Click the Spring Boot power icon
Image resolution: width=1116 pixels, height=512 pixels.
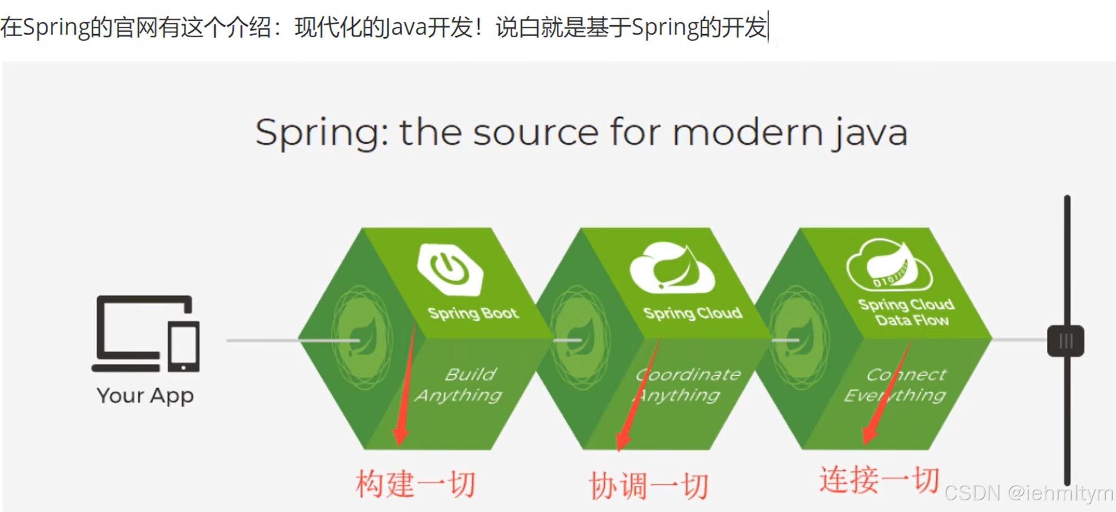[x=450, y=268]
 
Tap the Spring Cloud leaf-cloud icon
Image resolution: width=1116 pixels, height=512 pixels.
[x=672, y=267]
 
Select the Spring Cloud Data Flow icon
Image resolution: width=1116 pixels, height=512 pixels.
[x=889, y=265]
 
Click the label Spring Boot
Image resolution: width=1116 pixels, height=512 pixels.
[x=473, y=313]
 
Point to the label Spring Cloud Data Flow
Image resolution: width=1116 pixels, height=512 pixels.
[x=906, y=312]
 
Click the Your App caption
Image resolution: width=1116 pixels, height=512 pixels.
[x=145, y=396]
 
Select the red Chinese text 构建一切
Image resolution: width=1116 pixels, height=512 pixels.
[x=415, y=484]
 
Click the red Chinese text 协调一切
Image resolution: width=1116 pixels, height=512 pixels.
[x=648, y=486]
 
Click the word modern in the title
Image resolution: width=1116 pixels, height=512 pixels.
[x=748, y=133]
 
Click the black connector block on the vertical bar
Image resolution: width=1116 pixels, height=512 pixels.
[x=1066, y=341]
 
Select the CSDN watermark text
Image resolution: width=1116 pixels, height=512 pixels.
[x=1028, y=493]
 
